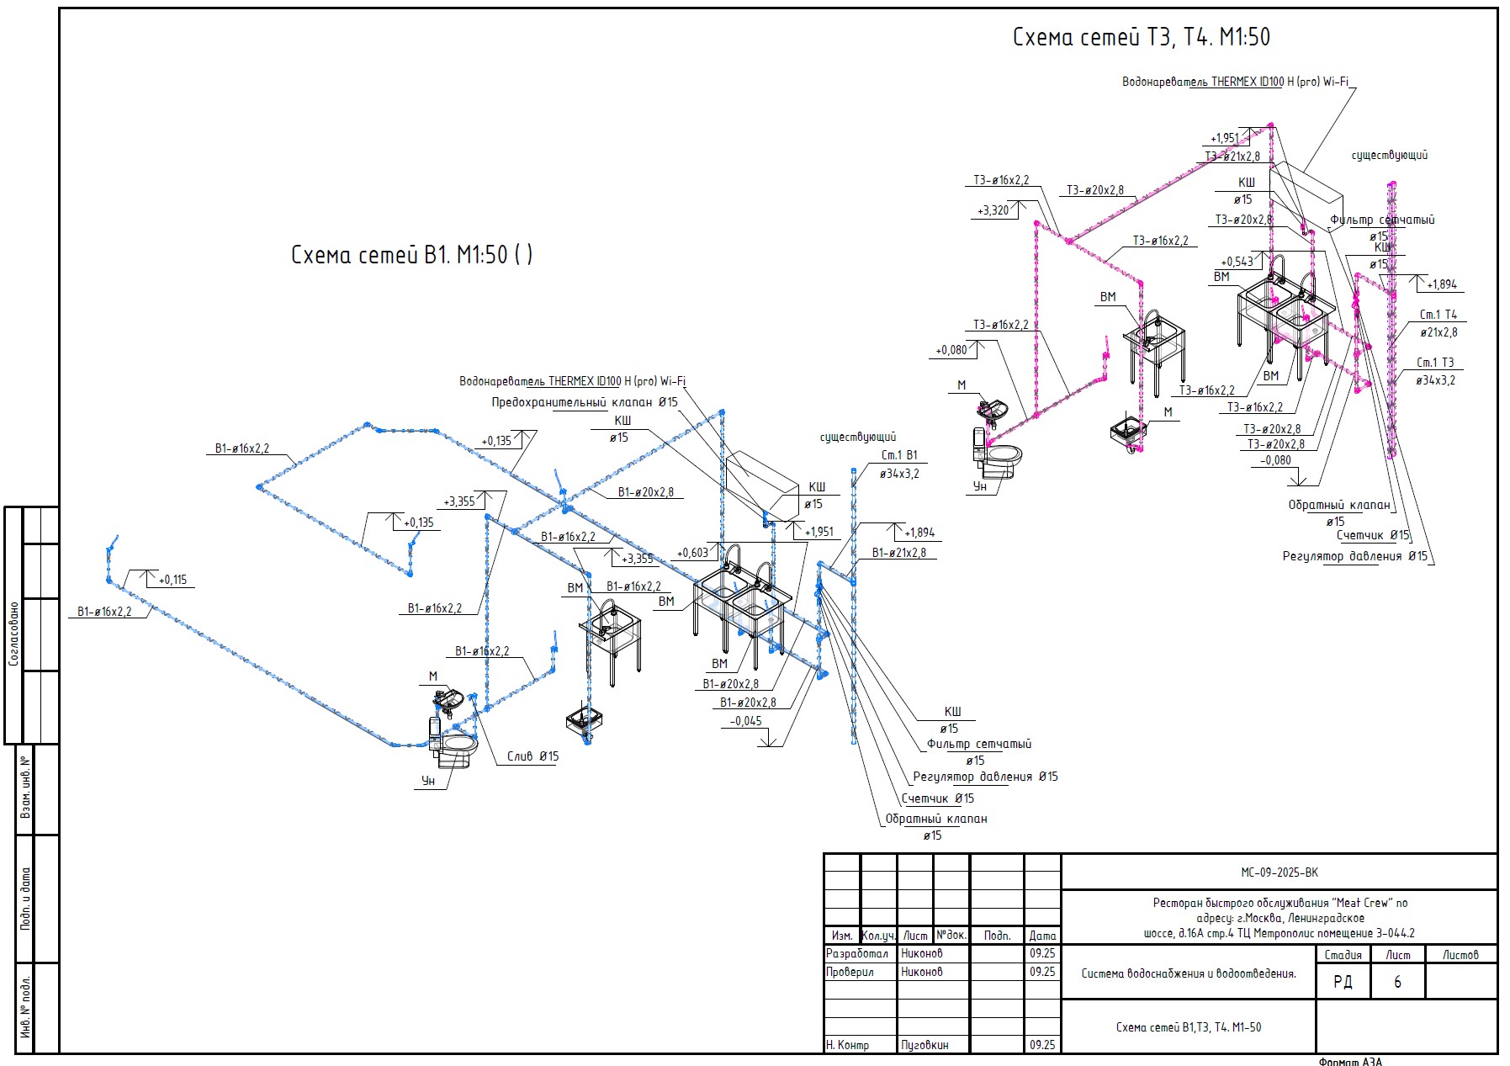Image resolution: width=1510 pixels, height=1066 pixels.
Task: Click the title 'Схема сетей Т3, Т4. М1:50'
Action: [x=1141, y=37]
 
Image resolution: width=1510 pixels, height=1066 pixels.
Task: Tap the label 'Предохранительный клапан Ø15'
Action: [x=584, y=402]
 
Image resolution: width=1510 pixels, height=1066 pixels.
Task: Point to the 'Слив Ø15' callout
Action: [x=532, y=756]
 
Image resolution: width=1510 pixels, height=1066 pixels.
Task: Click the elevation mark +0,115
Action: [x=172, y=580]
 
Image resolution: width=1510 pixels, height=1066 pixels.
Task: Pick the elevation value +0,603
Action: [x=692, y=553]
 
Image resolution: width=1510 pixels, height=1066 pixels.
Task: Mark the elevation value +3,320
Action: [x=993, y=210]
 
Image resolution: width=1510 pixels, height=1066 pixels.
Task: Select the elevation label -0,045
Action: [x=745, y=721]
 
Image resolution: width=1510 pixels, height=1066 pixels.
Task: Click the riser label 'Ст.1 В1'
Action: [x=899, y=455]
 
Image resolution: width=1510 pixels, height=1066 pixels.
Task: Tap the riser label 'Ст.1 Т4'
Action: [x=1438, y=315]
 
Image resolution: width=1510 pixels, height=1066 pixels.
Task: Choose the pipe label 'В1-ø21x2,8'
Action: [x=898, y=553]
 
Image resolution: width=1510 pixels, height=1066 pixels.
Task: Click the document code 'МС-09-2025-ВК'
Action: [x=1279, y=872]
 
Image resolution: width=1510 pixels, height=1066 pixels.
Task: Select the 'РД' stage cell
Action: [x=1343, y=982]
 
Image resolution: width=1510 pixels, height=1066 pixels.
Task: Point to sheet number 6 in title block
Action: [x=1397, y=982]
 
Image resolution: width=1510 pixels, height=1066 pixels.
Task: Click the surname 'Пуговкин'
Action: [x=925, y=1045]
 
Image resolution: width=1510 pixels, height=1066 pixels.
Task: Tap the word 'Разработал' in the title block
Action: [x=856, y=953]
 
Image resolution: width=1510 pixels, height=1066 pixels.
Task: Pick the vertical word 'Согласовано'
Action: [x=13, y=633]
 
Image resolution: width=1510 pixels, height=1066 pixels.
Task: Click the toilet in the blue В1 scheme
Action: [x=454, y=745]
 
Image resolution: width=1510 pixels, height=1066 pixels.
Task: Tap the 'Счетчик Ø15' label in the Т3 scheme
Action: [x=1372, y=535]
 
